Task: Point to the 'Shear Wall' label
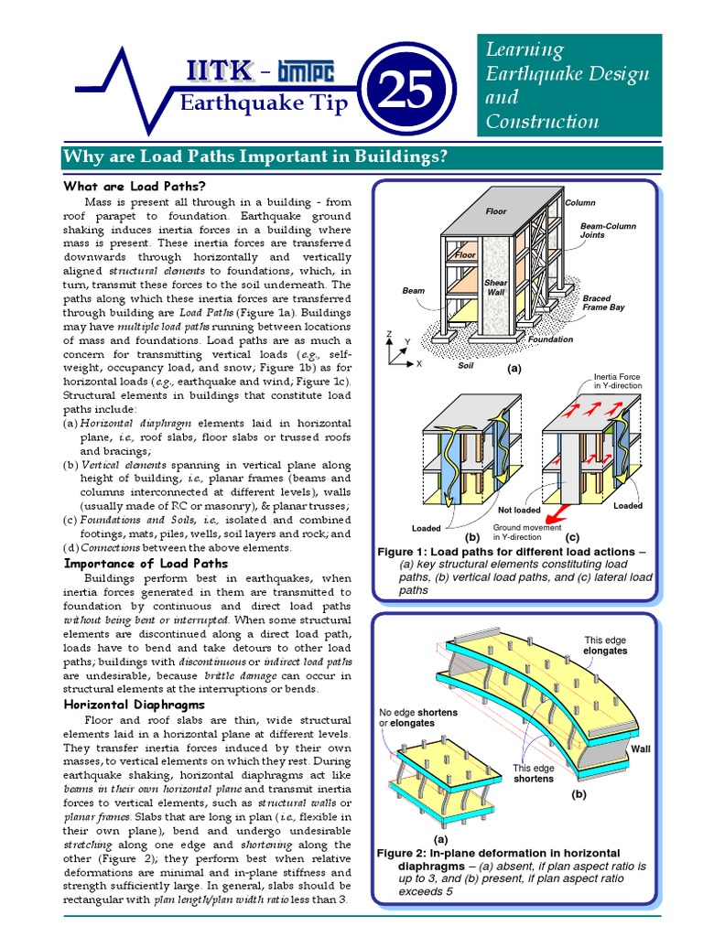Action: point(495,288)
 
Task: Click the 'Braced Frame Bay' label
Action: point(603,303)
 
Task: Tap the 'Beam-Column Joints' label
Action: point(608,230)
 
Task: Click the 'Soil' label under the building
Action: point(466,363)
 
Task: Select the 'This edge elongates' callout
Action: point(605,645)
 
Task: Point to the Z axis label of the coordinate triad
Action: point(389,334)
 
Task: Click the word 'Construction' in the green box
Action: point(542,121)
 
